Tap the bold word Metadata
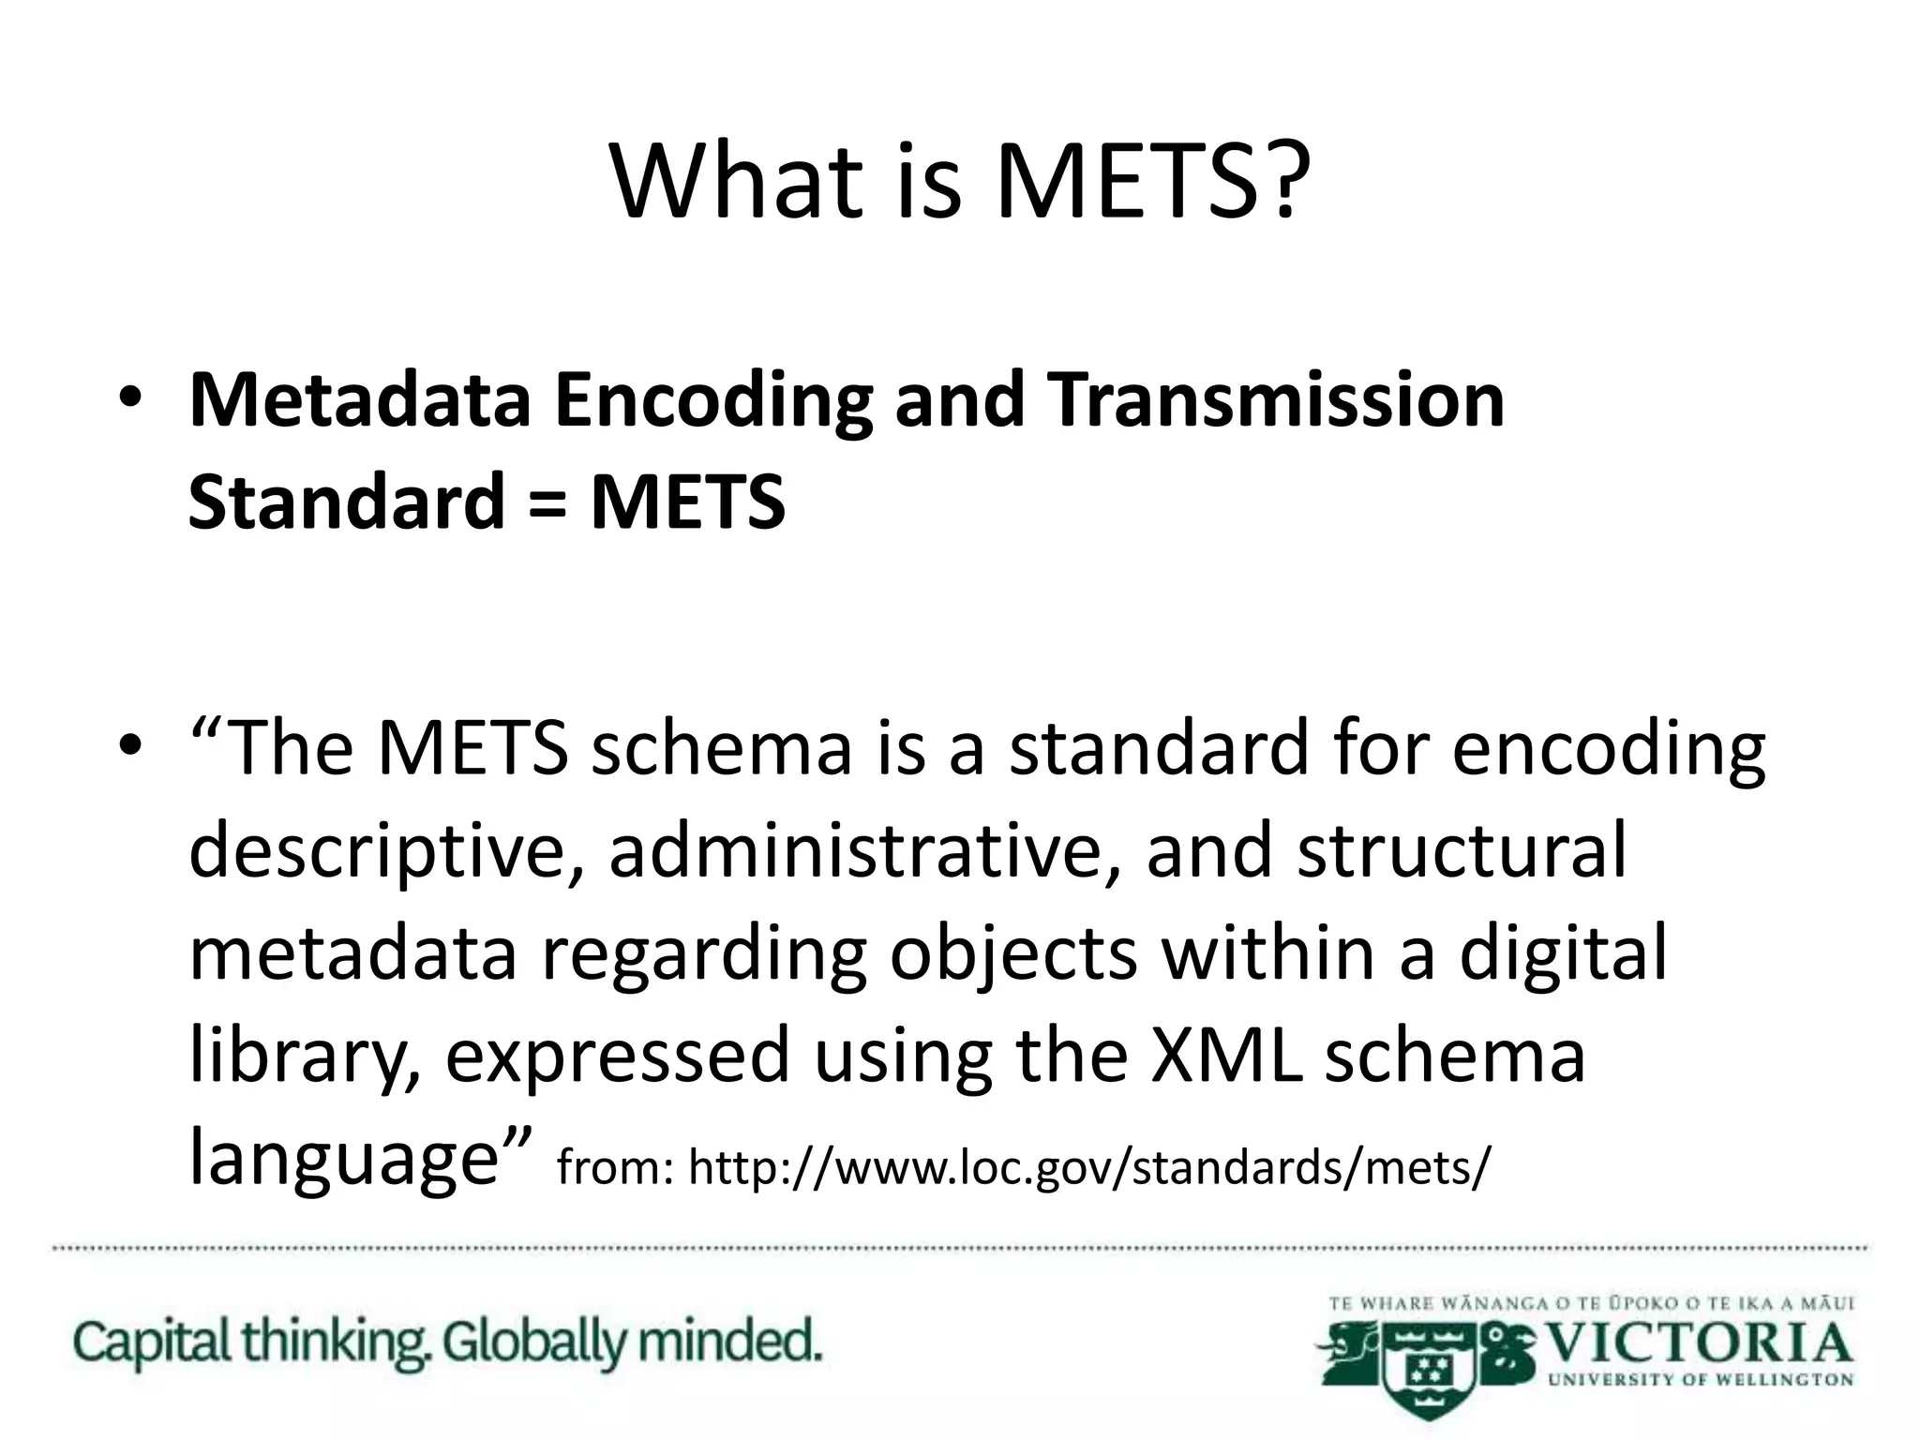click(360, 400)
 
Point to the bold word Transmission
click(1275, 400)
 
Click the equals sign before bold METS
click(547, 502)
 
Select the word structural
click(1462, 851)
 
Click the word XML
click(1225, 1056)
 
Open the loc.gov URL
click(1087, 1168)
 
